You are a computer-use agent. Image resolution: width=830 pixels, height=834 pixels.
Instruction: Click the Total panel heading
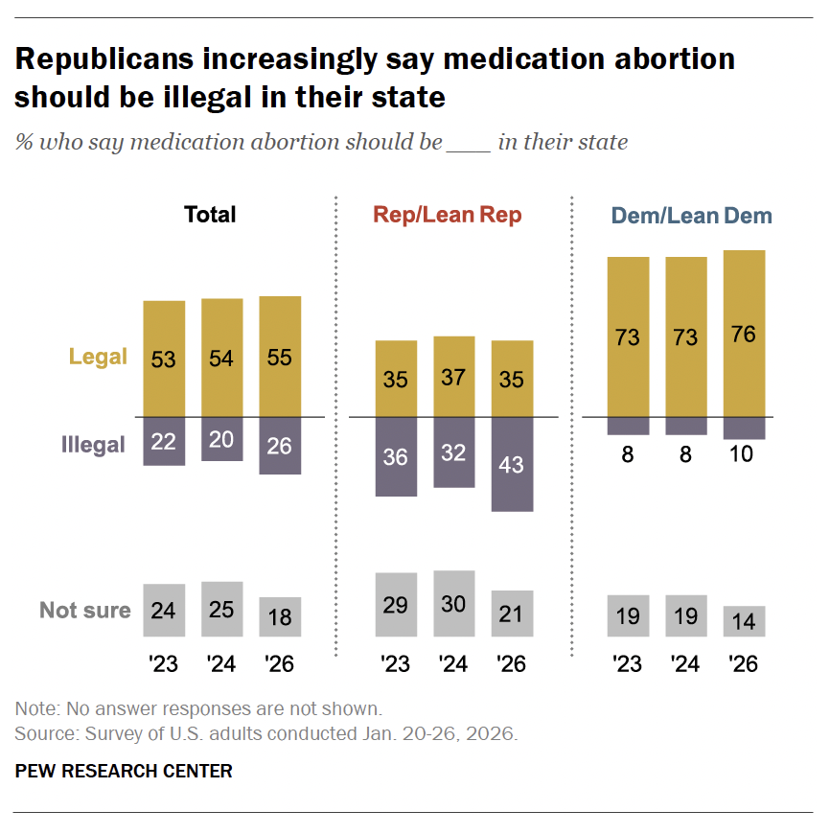click(210, 214)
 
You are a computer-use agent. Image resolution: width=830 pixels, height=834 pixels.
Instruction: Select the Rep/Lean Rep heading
click(448, 215)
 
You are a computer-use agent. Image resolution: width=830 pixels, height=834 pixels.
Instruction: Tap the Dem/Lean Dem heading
click(691, 216)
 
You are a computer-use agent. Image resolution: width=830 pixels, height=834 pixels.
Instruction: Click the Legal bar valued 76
click(744, 333)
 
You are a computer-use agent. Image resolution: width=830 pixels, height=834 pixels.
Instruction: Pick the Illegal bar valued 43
click(512, 464)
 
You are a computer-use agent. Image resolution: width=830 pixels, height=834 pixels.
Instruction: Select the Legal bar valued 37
click(453, 376)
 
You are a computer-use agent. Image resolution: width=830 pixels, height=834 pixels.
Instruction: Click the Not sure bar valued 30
click(453, 604)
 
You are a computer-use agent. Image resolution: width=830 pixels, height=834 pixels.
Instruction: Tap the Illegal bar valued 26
click(280, 445)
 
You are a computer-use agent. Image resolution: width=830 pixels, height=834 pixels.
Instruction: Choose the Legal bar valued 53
click(164, 359)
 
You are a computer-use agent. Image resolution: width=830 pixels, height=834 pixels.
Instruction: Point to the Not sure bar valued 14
click(744, 620)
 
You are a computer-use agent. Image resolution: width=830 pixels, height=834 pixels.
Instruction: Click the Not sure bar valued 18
click(280, 616)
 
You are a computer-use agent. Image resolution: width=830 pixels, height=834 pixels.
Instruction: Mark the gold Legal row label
click(98, 357)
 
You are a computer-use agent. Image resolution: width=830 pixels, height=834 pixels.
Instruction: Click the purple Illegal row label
click(94, 445)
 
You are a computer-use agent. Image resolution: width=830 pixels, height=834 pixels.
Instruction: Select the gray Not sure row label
click(85, 611)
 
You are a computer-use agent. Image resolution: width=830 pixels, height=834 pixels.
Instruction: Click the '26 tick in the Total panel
click(280, 663)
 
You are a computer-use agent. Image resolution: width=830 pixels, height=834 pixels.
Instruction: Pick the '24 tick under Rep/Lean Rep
click(453, 663)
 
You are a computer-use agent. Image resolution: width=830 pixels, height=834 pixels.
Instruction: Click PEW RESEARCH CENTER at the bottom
click(124, 771)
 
